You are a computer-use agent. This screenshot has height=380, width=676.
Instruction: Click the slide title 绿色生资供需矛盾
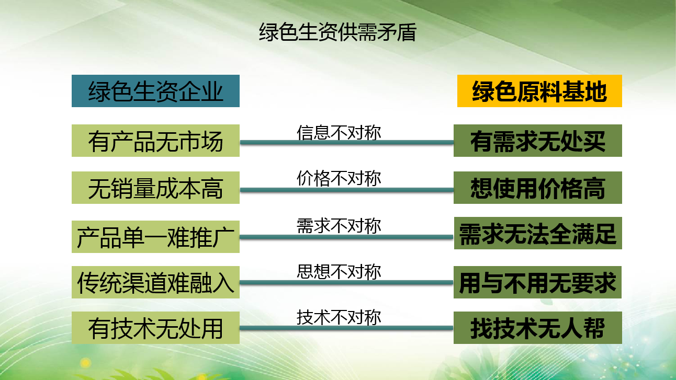(x=337, y=32)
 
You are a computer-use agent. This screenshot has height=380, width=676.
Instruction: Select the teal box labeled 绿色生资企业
(x=155, y=91)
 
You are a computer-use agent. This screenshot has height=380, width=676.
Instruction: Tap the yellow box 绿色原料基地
(x=539, y=91)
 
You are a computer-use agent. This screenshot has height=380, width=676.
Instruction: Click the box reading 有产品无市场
(x=155, y=141)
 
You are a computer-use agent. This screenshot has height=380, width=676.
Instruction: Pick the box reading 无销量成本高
(x=155, y=188)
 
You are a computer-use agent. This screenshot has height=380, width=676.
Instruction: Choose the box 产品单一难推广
(x=155, y=237)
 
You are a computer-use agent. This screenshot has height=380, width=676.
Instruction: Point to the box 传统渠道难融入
(x=155, y=282)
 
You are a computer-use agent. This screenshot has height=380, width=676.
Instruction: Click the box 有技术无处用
(x=155, y=328)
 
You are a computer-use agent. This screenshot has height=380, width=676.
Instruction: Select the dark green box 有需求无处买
(x=538, y=141)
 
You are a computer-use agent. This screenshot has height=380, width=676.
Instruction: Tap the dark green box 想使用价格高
(x=538, y=188)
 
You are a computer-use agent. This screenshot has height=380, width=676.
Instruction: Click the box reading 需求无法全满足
(x=538, y=233)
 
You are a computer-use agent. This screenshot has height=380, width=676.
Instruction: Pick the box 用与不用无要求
(x=537, y=282)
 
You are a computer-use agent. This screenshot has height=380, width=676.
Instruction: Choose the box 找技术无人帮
(x=538, y=328)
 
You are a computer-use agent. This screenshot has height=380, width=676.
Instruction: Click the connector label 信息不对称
(x=339, y=132)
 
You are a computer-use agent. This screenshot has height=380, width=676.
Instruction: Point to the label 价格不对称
(x=339, y=178)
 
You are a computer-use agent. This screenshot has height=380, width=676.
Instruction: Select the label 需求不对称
(x=339, y=226)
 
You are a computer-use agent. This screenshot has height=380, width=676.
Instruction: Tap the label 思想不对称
(x=339, y=271)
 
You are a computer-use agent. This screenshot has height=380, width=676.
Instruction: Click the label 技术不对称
(x=339, y=317)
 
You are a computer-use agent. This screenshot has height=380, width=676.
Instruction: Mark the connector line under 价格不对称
(x=347, y=190)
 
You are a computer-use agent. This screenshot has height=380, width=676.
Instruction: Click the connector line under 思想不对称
(x=346, y=283)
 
